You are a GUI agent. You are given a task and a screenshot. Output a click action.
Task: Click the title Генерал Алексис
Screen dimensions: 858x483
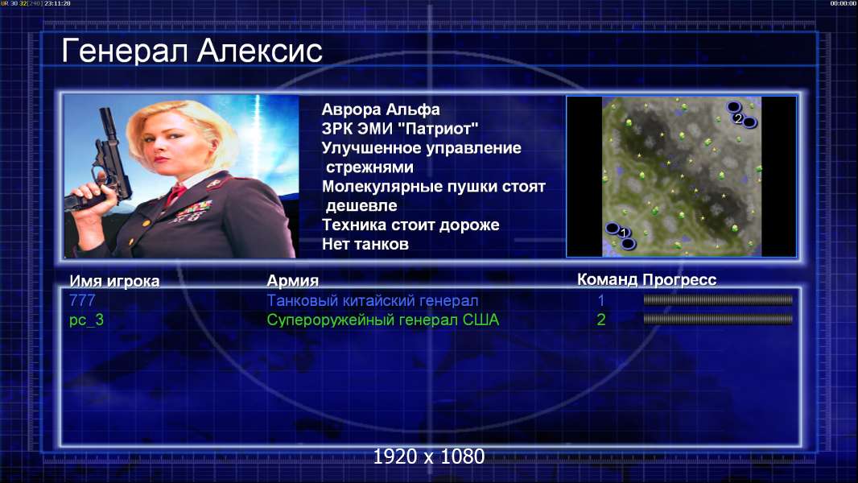pyautogui.click(x=192, y=52)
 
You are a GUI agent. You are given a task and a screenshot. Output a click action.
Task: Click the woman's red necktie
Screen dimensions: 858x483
pyautogui.click(x=175, y=193)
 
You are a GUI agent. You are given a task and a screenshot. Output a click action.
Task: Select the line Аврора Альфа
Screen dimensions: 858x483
pyautogui.click(x=380, y=109)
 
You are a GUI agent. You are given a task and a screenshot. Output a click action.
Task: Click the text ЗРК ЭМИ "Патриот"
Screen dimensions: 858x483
pyautogui.click(x=399, y=129)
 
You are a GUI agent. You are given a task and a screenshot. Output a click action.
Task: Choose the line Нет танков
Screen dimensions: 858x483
pyautogui.click(x=365, y=244)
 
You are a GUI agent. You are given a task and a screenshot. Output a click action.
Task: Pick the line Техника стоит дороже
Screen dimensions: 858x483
pyautogui.click(x=410, y=225)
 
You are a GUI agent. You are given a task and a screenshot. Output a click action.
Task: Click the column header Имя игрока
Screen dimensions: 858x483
pyautogui.click(x=114, y=281)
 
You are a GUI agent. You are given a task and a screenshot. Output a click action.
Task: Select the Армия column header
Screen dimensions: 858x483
pyautogui.click(x=292, y=281)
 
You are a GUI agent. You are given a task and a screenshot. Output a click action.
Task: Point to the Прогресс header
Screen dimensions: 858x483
pyautogui.click(x=679, y=279)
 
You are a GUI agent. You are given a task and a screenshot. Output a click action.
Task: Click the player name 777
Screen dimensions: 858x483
pyautogui.click(x=82, y=300)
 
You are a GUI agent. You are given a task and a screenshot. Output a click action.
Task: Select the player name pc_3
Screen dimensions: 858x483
pyautogui.click(x=86, y=320)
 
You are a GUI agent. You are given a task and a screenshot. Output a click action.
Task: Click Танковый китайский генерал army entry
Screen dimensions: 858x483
pyautogui.click(x=372, y=300)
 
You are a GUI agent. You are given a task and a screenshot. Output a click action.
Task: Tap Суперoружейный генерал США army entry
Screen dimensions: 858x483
pyautogui.click(x=382, y=320)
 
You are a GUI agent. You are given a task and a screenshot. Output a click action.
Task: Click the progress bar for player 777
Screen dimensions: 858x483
pyautogui.click(x=717, y=299)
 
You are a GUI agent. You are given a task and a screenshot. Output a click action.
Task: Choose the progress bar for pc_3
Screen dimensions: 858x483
pyautogui.click(x=717, y=319)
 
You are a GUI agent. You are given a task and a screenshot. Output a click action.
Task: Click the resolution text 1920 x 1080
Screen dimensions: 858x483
pyautogui.click(x=428, y=456)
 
